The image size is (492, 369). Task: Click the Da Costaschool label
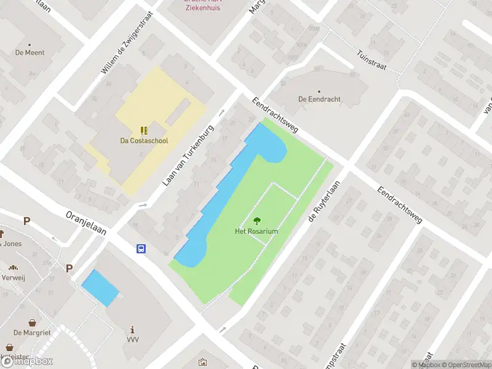click(144, 140)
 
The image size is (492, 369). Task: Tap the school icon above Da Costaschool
click(144, 130)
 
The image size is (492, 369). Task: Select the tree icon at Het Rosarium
click(256, 220)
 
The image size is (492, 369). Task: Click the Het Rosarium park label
click(256, 231)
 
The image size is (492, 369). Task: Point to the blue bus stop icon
click(141, 248)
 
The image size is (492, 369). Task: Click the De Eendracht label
click(319, 99)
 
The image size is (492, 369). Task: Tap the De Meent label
click(30, 53)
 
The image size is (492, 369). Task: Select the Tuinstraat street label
click(371, 60)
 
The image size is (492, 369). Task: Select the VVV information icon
click(132, 330)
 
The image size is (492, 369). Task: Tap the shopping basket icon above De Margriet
click(32, 322)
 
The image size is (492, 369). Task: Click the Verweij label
click(13, 276)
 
